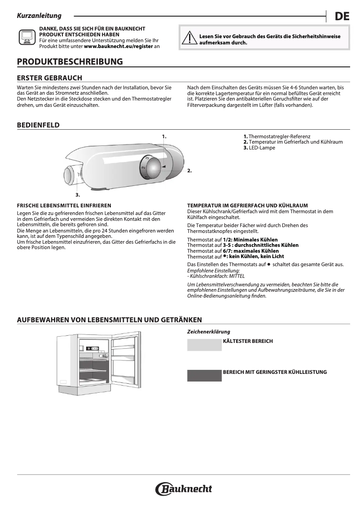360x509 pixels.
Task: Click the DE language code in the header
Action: (342, 17)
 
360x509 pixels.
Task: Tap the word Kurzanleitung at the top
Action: (39, 16)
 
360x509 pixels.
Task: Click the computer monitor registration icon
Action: (27, 37)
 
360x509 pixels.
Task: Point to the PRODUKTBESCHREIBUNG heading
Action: (70, 61)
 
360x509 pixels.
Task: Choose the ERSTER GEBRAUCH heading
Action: (49, 78)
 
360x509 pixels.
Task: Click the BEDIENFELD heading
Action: (38, 125)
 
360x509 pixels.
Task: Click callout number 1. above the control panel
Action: (164, 136)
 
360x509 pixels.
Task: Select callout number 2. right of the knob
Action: (189, 171)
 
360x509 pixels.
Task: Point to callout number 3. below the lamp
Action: (78, 195)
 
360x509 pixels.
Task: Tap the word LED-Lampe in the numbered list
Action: (262, 147)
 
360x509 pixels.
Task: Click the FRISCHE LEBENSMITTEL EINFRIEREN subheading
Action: (64, 205)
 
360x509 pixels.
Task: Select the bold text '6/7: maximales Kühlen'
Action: (251, 251)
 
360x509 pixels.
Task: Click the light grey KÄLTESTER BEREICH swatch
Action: (204, 345)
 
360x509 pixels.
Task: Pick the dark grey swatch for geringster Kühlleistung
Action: (204, 376)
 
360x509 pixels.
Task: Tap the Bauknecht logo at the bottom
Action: (184, 489)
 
